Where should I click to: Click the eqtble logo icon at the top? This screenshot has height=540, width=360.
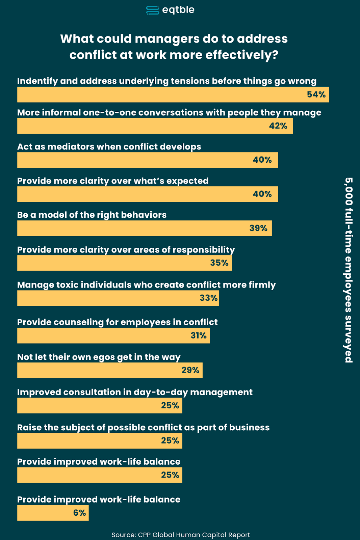tap(152, 10)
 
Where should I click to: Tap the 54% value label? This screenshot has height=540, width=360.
tap(316, 94)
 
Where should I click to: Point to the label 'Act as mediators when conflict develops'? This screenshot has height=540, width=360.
tap(109, 147)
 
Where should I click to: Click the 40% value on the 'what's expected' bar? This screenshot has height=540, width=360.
tap(262, 194)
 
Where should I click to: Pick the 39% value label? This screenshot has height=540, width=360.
tap(258, 228)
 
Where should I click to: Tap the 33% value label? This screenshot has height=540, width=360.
tap(208, 298)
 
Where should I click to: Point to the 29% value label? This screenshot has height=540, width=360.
tap(190, 370)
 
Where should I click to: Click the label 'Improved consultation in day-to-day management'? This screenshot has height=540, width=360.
tap(135, 392)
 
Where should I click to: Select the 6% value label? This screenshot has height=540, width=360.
tap(79, 513)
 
